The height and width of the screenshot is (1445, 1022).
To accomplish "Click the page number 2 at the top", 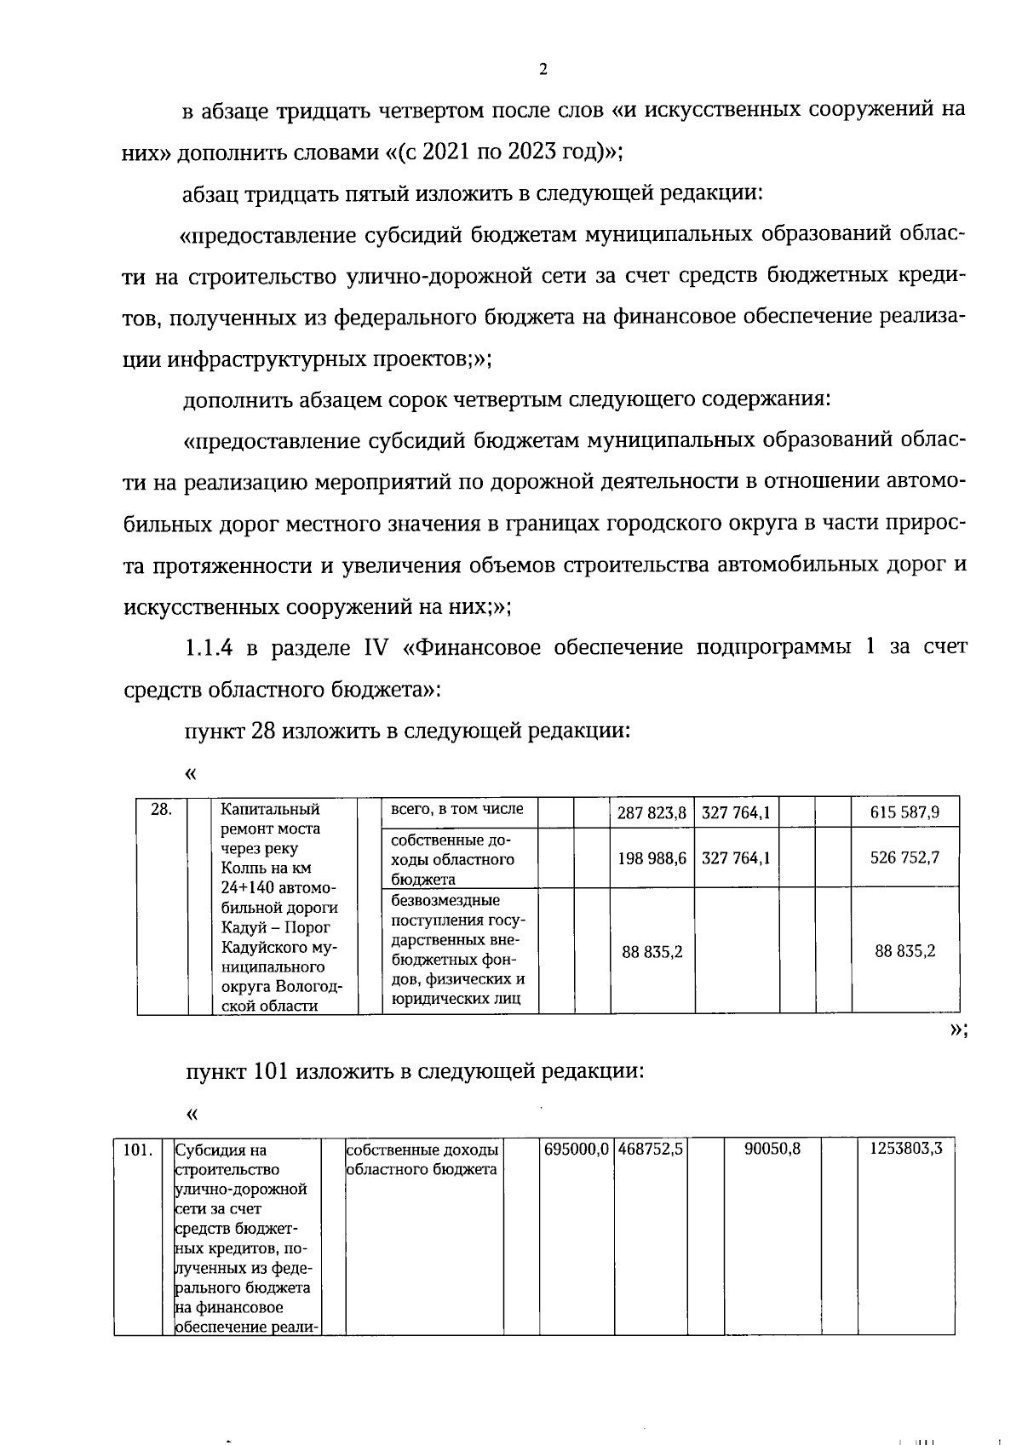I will click(x=543, y=70).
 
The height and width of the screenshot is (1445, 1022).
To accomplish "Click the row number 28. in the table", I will click(x=162, y=810).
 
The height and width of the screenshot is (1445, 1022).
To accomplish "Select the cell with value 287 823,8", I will click(x=652, y=813).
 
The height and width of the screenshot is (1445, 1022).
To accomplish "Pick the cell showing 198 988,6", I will click(x=652, y=857).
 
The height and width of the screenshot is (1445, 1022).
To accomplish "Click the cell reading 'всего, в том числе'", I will click(x=456, y=810).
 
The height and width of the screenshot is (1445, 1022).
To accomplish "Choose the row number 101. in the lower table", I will click(x=138, y=1150).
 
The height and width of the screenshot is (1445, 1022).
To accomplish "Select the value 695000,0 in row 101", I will click(x=577, y=1150).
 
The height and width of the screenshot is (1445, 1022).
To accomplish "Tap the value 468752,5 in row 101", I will click(x=651, y=1150).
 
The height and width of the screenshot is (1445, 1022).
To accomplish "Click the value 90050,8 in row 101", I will click(x=772, y=1150).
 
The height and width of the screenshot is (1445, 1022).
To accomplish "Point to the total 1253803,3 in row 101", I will click(x=905, y=1150).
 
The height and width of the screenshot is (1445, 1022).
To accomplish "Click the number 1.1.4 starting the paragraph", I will click(x=209, y=648).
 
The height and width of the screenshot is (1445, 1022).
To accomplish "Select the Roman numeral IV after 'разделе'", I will click(x=376, y=648).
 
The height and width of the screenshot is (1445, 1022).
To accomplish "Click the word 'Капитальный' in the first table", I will click(x=270, y=810).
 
